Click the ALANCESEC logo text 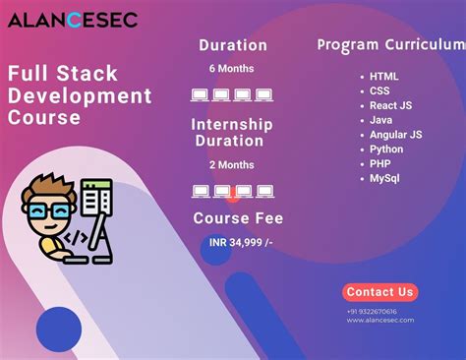click(x=74, y=20)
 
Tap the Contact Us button click(x=380, y=292)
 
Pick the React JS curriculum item click(x=389, y=105)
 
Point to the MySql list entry click(x=384, y=178)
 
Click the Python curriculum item click(x=386, y=149)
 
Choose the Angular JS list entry click(x=395, y=134)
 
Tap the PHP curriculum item click(x=379, y=163)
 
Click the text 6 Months click(x=232, y=69)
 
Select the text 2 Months click(x=232, y=164)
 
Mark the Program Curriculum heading click(x=389, y=45)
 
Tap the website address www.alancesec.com click(x=379, y=320)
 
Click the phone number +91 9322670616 click(x=373, y=311)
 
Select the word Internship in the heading click(x=233, y=125)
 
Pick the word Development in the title click(x=81, y=95)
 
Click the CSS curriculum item click(x=379, y=90)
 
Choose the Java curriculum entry click(x=380, y=120)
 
